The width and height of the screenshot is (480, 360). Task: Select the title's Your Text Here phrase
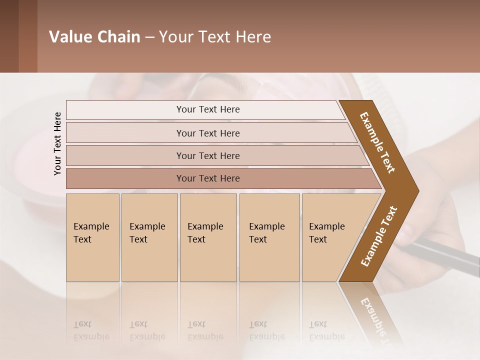click(x=214, y=37)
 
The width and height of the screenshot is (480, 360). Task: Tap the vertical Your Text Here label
click(x=57, y=143)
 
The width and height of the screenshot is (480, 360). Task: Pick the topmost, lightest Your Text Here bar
click(x=207, y=109)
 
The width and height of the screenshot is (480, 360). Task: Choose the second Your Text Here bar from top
click(x=207, y=133)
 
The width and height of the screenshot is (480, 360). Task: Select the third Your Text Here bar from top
click(x=207, y=155)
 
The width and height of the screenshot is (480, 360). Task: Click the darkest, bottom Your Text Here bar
click(x=207, y=178)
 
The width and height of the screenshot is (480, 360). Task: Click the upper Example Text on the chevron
click(x=377, y=142)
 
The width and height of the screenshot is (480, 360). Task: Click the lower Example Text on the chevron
click(x=379, y=236)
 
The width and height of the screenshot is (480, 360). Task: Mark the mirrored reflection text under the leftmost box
click(x=91, y=330)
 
